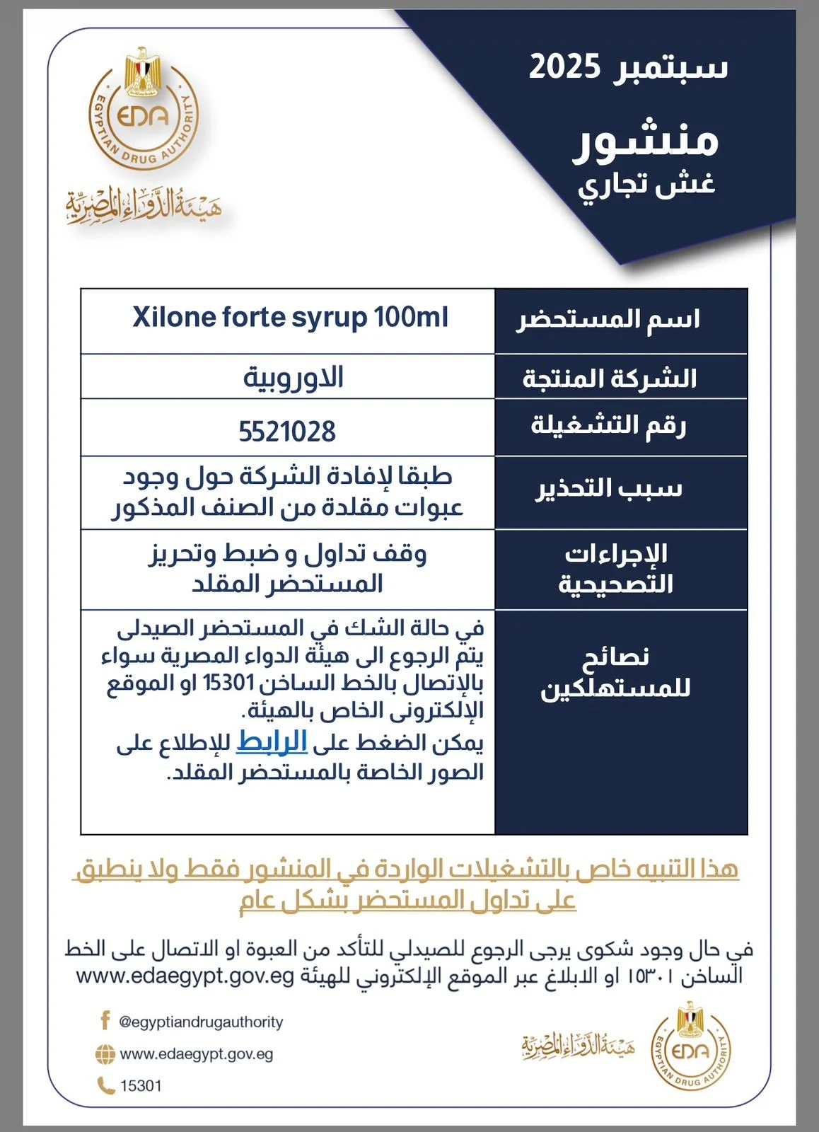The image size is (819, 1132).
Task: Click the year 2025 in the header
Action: click(564, 68)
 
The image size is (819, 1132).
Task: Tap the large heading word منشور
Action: click(645, 141)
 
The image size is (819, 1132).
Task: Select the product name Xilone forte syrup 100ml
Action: click(290, 317)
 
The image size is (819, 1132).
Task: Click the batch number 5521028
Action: click(287, 431)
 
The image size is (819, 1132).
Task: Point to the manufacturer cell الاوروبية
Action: click(293, 377)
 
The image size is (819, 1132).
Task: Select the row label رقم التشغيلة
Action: click(608, 426)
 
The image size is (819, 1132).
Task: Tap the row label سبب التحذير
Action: click(608, 489)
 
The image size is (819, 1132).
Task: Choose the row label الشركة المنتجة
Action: click(610, 379)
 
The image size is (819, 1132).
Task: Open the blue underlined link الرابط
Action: click(272, 741)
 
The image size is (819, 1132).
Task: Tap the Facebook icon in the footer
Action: click(105, 1020)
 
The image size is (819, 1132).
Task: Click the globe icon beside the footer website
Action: click(105, 1054)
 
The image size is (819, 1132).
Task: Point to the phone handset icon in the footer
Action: click(105, 1085)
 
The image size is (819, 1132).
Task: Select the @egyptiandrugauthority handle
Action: click(201, 1022)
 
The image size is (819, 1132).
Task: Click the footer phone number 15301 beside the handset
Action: click(141, 1085)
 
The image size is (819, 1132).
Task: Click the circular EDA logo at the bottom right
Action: click(690, 1047)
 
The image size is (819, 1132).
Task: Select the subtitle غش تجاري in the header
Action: click(646, 185)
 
